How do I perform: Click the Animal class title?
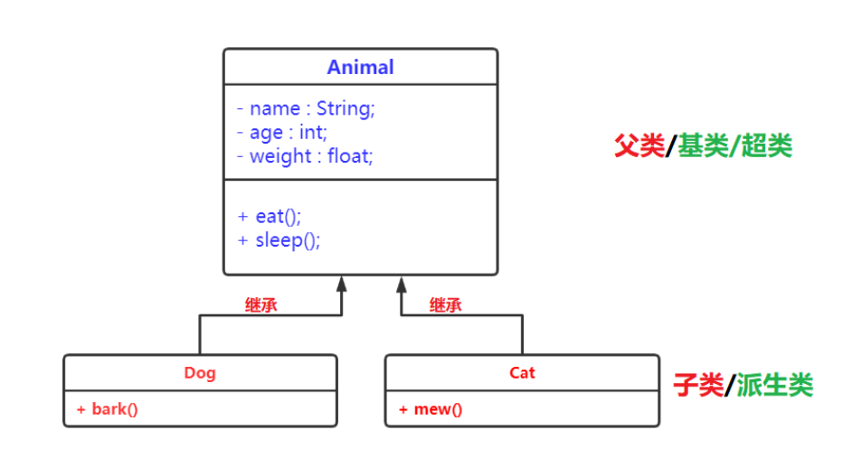360,68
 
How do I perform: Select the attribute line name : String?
306,108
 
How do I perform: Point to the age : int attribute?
282,132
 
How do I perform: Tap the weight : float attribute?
306,155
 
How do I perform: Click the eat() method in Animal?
269,217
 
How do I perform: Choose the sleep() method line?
279,240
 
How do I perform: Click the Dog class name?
200,372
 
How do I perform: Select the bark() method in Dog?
108,409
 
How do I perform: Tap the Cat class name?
522,372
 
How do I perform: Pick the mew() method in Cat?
431,409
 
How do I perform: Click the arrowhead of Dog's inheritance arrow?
342,284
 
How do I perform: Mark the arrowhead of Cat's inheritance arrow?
401,284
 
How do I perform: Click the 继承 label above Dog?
261,305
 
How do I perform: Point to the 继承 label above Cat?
445,305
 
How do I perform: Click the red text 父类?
639,146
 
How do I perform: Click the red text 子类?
698,386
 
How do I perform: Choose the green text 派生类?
774,386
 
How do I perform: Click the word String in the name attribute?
345,108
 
